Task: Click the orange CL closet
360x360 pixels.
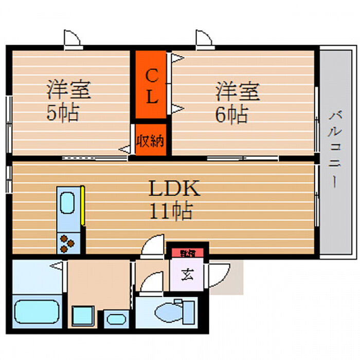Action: pyautogui.click(x=151, y=84)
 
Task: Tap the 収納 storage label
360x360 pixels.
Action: pyautogui.click(x=151, y=140)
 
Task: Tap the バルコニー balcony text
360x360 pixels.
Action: pyautogui.click(x=334, y=149)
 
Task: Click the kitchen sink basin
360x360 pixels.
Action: pyautogui.click(x=67, y=203)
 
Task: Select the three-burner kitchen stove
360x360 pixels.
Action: pyautogui.click(x=68, y=243)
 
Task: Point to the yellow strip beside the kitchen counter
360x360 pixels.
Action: pyautogui.click(x=82, y=206)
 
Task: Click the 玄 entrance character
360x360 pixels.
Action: pyautogui.click(x=187, y=274)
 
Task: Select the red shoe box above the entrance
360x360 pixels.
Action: pyautogui.click(x=187, y=253)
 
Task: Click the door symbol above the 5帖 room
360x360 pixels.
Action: pyautogui.click(x=72, y=40)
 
